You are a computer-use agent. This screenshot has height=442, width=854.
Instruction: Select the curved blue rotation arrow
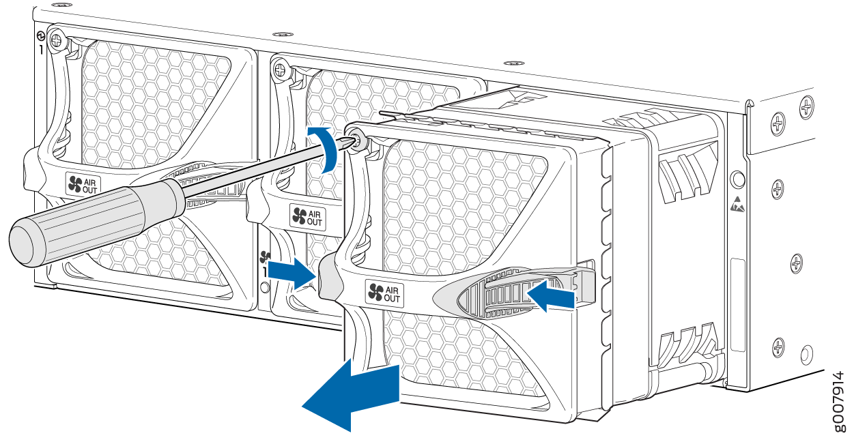[326, 149]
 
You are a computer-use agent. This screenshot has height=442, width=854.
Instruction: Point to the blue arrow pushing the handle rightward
[292, 273]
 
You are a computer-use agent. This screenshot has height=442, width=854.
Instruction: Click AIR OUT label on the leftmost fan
[83, 184]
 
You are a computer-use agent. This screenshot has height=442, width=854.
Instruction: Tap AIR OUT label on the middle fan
[307, 217]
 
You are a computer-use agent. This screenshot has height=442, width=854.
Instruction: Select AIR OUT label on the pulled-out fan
[384, 293]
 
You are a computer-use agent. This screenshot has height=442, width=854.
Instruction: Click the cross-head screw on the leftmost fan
[57, 40]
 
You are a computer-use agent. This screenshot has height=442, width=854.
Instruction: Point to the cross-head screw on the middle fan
[280, 70]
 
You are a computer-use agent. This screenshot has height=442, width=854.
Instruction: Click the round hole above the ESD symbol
[738, 179]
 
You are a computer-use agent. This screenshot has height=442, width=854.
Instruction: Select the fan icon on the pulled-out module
[375, 292]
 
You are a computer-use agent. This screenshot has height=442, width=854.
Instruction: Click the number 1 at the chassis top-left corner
[41, 50]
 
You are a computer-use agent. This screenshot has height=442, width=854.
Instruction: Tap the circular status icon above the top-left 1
[40, 36]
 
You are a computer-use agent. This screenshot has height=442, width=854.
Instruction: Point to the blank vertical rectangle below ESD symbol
[738, 305]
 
